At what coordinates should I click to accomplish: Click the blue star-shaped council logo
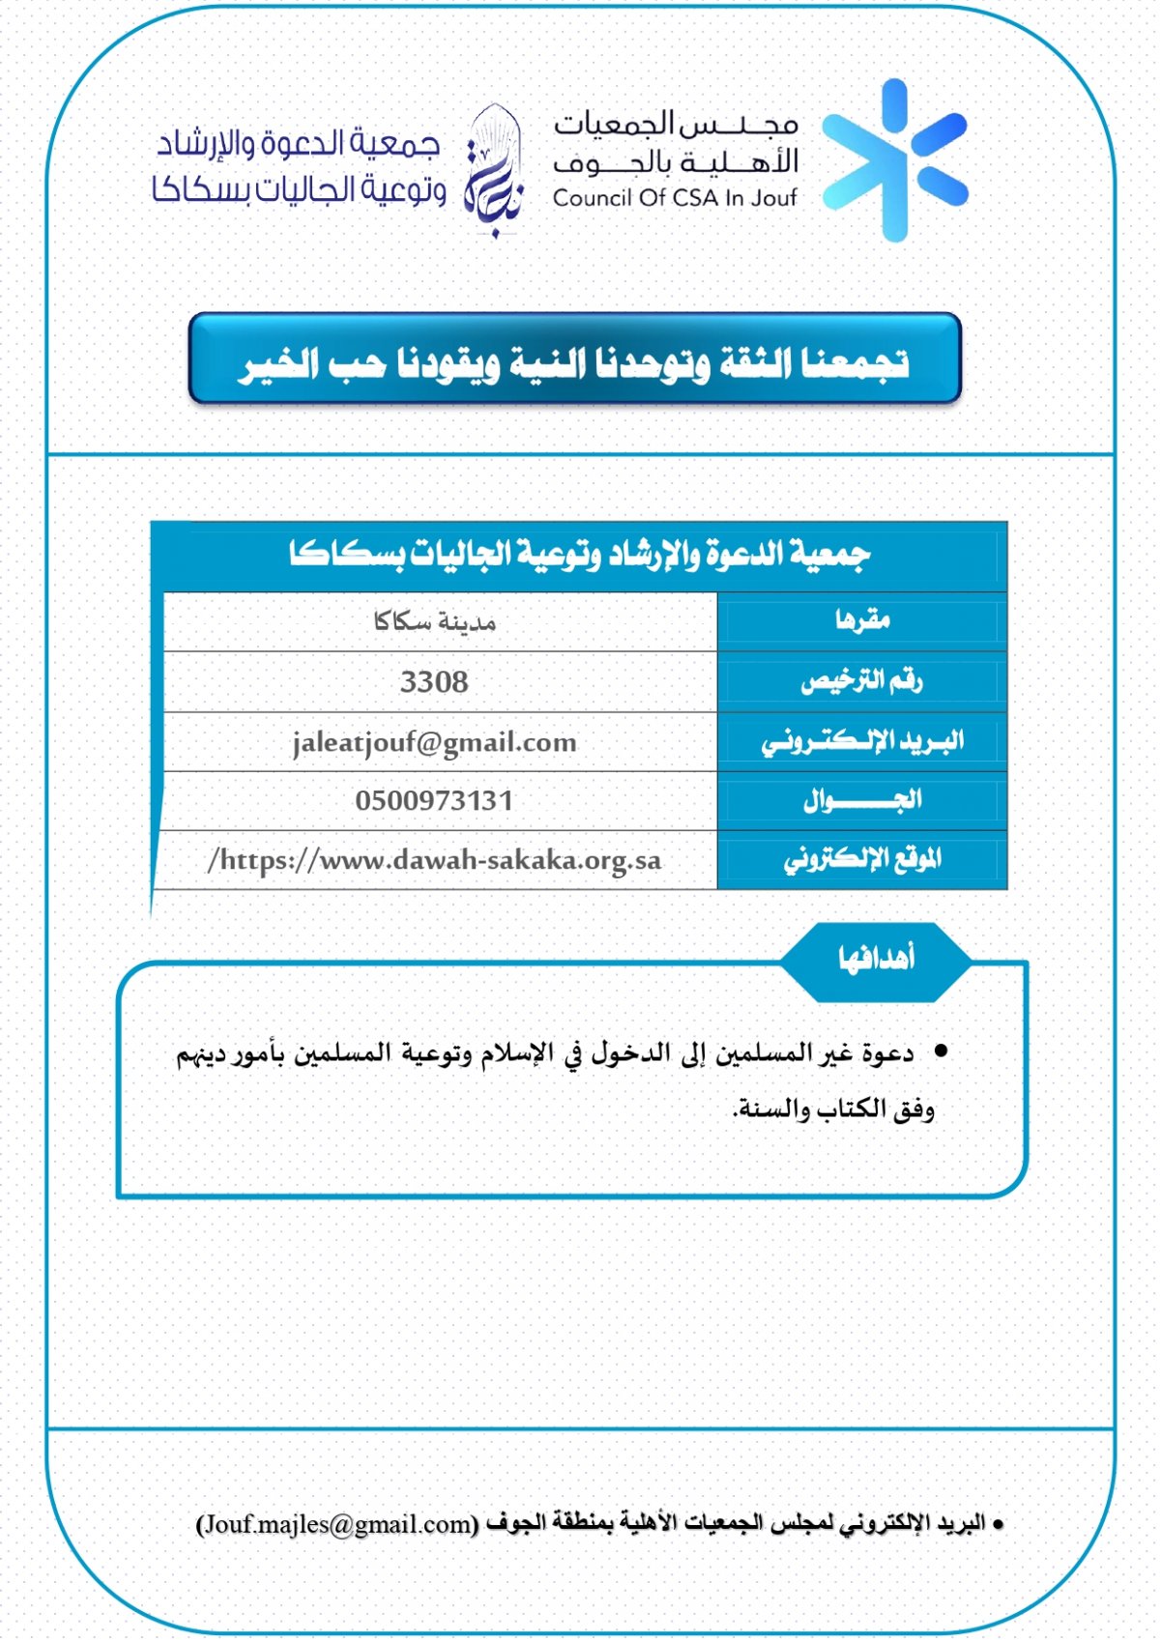pos(895,160)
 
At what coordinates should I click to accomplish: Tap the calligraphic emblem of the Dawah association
pos(494,170)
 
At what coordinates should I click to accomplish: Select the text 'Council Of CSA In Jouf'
pos(675,198)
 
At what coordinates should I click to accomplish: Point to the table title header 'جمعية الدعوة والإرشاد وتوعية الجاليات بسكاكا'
pos(580,555)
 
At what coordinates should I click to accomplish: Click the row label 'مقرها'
pos(862,620)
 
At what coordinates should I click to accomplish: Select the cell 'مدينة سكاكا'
pos(435,621)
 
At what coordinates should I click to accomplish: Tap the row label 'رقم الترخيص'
pos(861,681)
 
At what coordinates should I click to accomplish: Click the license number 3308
pos(434,682)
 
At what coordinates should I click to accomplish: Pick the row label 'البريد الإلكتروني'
pos(862,741)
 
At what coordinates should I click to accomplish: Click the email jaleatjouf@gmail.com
pos(434,742)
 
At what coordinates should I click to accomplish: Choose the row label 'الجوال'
pos(862,800)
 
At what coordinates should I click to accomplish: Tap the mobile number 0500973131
pos(434,801)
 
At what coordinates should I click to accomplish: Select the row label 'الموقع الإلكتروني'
pos(862,859)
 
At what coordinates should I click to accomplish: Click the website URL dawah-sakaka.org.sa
pos(435,860)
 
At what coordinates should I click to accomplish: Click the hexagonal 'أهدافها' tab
pos(876,959)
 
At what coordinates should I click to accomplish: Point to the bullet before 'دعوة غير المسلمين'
pos(940,1050)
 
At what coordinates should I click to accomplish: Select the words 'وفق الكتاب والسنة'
pos(833,1109)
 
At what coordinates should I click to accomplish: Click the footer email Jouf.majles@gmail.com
pos(337,1524)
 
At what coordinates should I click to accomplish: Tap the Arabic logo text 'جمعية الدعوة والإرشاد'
pos(299,145)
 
